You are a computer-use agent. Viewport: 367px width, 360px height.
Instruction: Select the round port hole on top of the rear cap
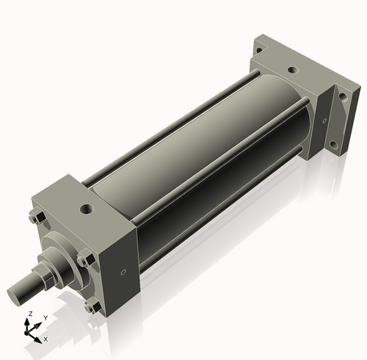tap(292, 71)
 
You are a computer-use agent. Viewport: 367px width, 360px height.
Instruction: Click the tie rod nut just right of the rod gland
tap(86, 258)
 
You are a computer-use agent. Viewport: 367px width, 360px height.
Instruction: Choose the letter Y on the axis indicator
tap(45, 317)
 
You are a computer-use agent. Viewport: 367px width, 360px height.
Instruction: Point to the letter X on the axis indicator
tap(46, 339)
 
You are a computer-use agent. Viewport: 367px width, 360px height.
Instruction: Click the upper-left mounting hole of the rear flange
tap(258, 50)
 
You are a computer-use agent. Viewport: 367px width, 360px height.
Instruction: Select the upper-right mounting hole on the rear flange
tap(342, 96)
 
